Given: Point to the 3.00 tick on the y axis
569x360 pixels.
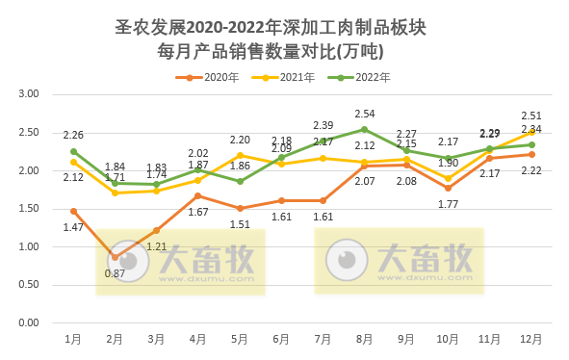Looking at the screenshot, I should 28,94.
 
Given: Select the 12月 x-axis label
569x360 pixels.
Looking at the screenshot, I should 530,339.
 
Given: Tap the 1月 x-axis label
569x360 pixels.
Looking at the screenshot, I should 73,339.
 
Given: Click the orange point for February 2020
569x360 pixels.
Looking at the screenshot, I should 115,257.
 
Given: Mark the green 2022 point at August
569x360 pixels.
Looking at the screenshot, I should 364,129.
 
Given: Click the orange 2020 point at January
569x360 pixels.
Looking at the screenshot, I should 73,211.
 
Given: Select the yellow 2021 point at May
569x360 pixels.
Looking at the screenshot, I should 240,155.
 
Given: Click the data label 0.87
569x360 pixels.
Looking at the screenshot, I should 115,273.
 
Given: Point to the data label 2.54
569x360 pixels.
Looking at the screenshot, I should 364,114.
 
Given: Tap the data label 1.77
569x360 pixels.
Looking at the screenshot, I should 447,204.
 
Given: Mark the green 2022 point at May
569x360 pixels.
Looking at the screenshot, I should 240,181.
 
